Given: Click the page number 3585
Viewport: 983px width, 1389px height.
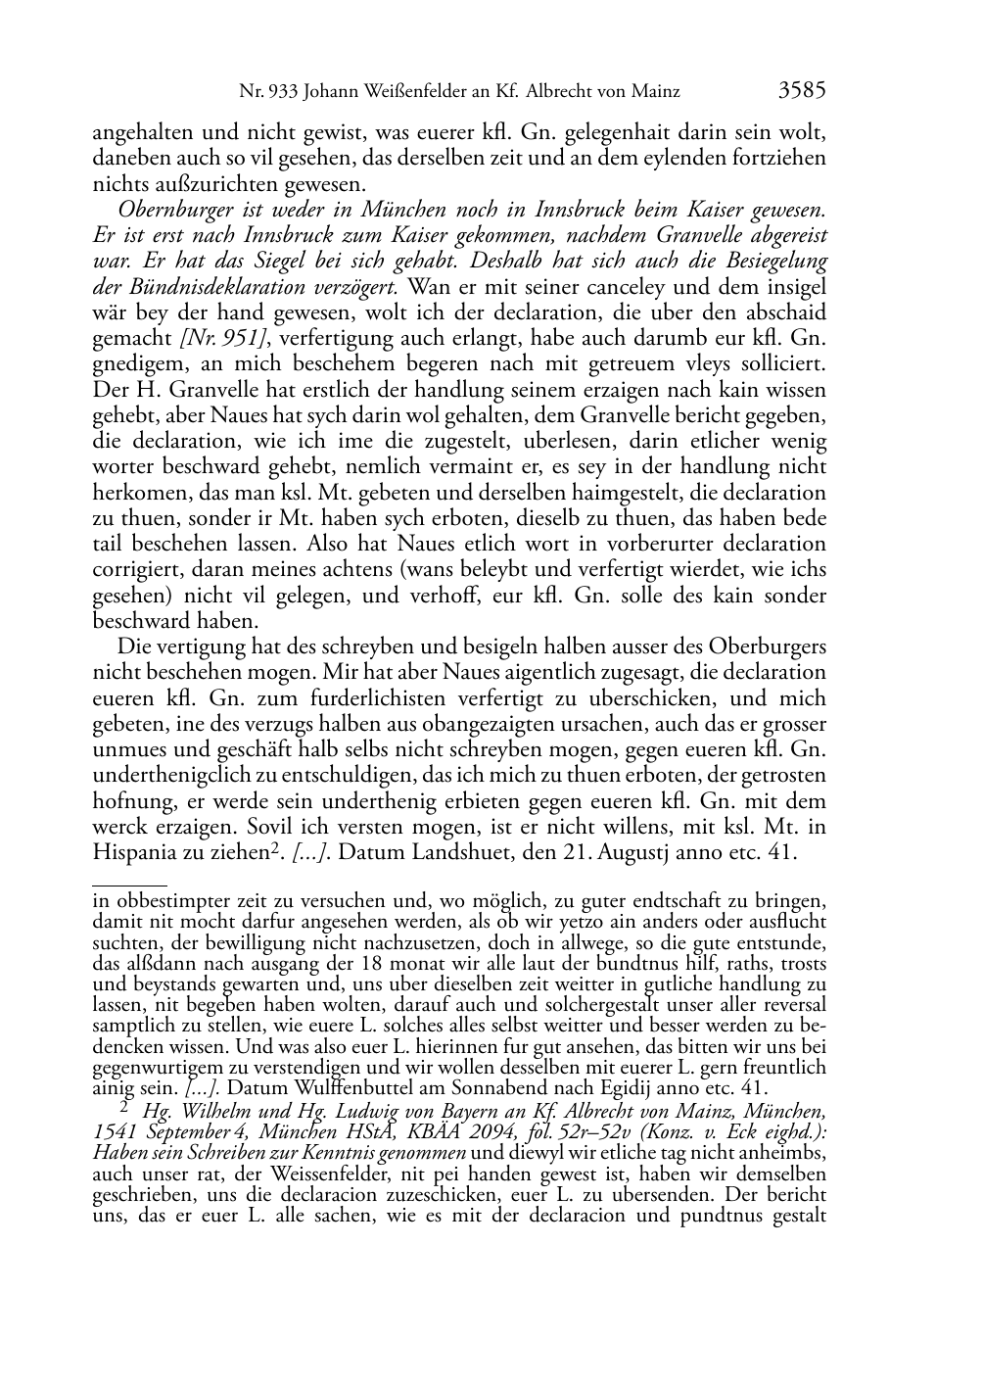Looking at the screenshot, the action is click(802, 91).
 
